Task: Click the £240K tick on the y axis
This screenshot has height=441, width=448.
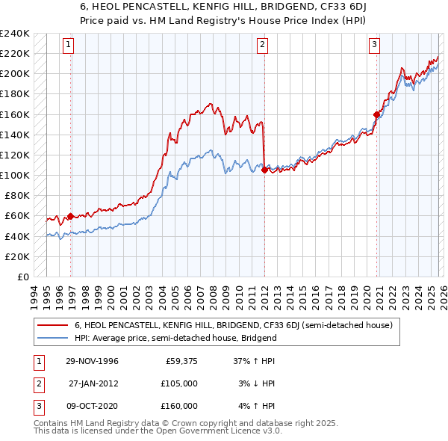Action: click(15, 34)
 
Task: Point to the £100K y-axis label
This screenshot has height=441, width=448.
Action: click(15, 175)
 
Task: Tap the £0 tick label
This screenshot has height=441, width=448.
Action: click(22, 277)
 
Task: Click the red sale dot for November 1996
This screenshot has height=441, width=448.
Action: click(71, 217)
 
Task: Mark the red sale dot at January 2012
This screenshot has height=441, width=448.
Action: click(264, 170)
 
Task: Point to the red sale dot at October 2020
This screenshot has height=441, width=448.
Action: click(376, 114)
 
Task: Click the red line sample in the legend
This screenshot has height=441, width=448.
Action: click(54, 326)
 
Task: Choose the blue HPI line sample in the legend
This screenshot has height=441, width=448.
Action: click(54, 338)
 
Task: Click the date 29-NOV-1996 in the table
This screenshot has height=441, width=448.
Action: click(92, 361)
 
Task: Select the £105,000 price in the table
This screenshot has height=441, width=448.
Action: click(178, 383)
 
